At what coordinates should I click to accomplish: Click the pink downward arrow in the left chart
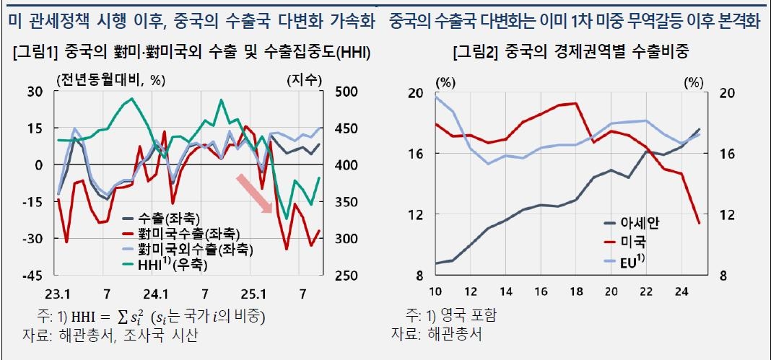[x=253, y=193]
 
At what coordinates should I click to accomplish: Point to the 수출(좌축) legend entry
[x=170, y=219]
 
